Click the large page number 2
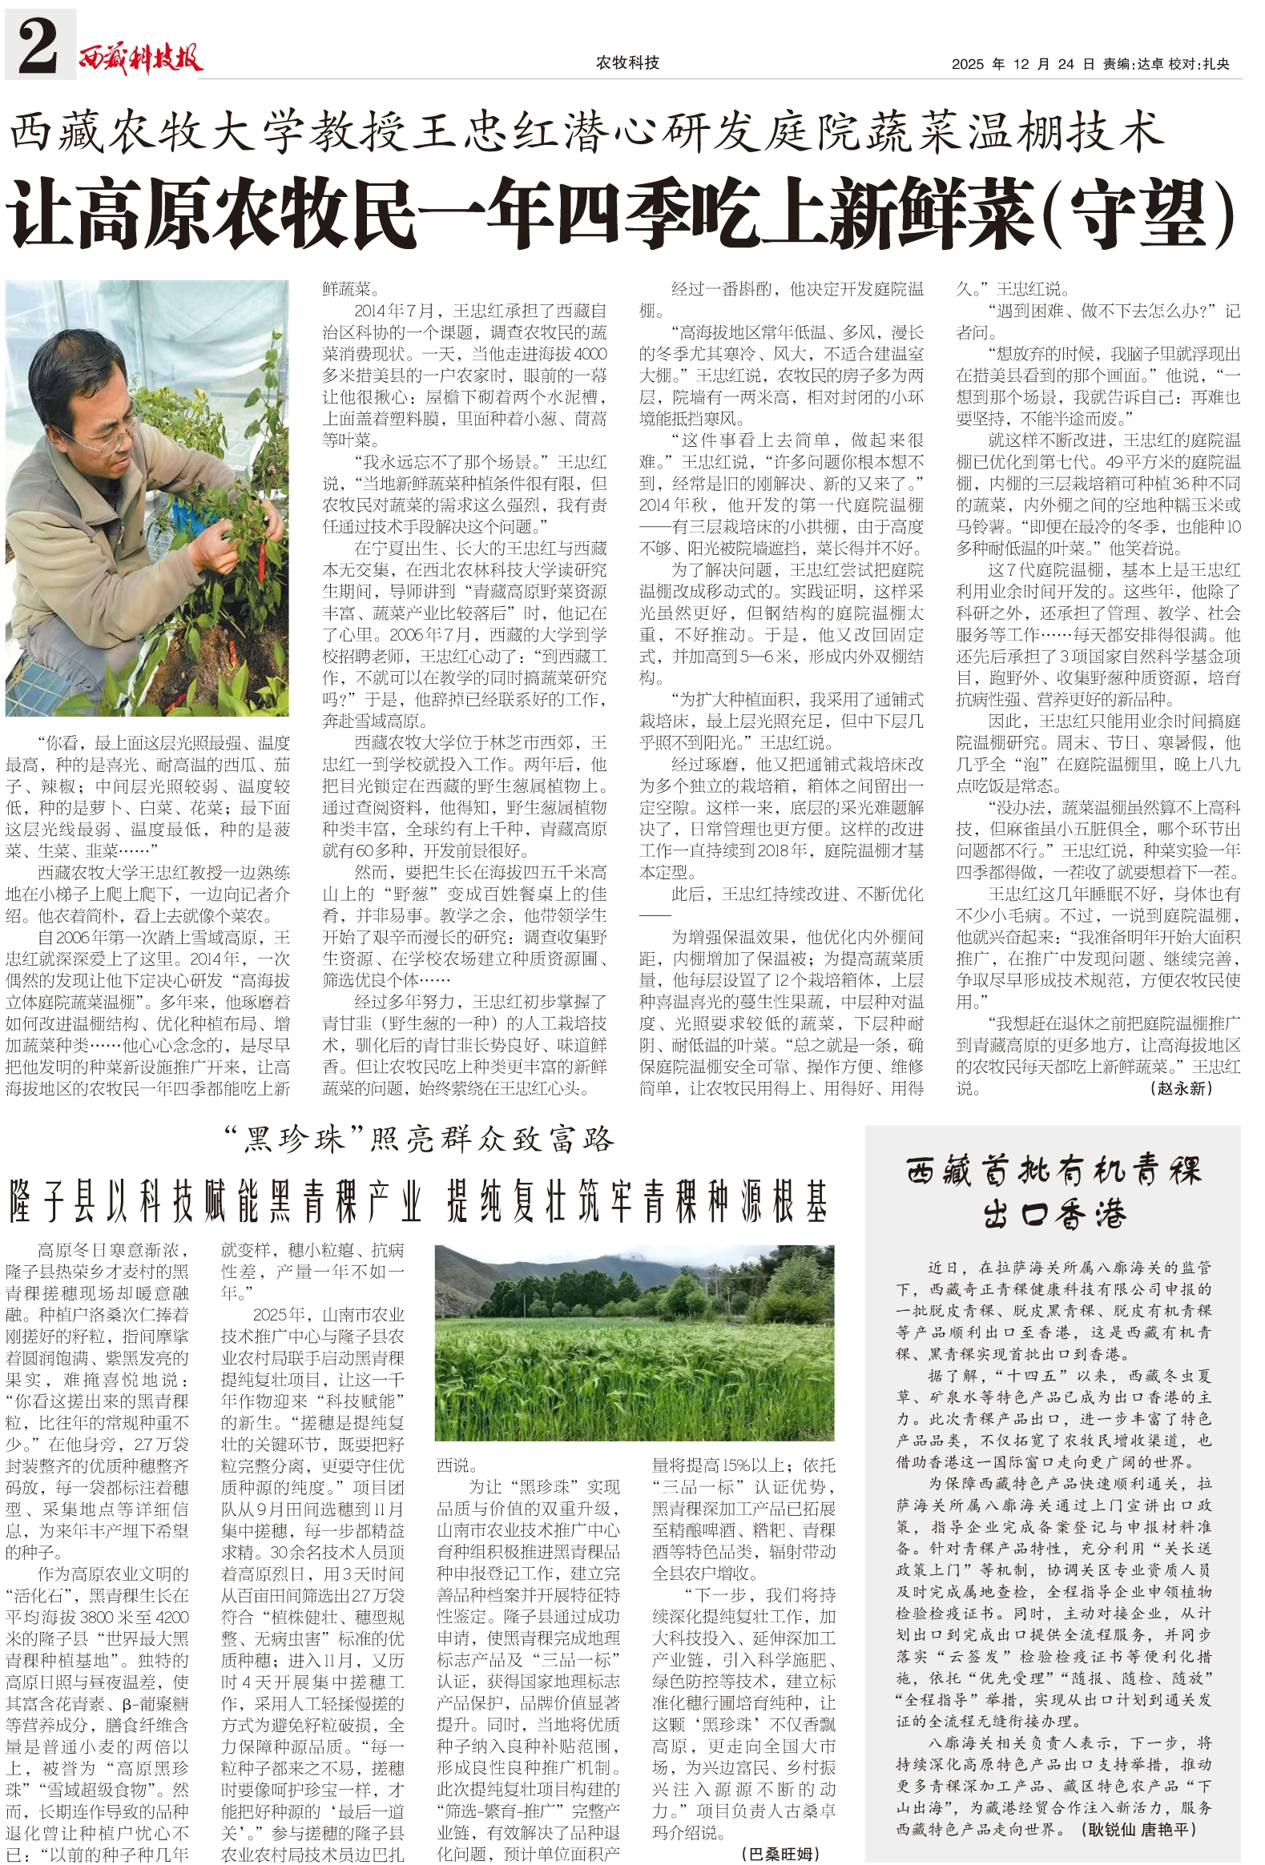38,45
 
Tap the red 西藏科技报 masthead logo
141,58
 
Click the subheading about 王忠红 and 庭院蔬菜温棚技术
586,132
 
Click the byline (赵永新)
1182,1088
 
